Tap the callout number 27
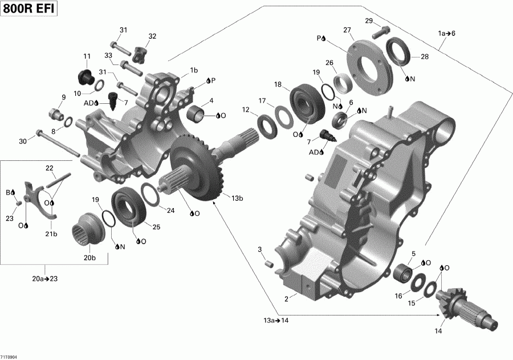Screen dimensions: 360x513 [347, 30]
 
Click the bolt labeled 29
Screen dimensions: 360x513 [381, 33]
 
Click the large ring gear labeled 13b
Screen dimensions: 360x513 [194, 165]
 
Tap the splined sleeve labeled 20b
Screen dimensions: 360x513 [89, 228]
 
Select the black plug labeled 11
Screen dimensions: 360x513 [84, 76]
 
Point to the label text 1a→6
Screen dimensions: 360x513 [446, 34]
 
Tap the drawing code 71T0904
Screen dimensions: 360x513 [9, 357]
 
